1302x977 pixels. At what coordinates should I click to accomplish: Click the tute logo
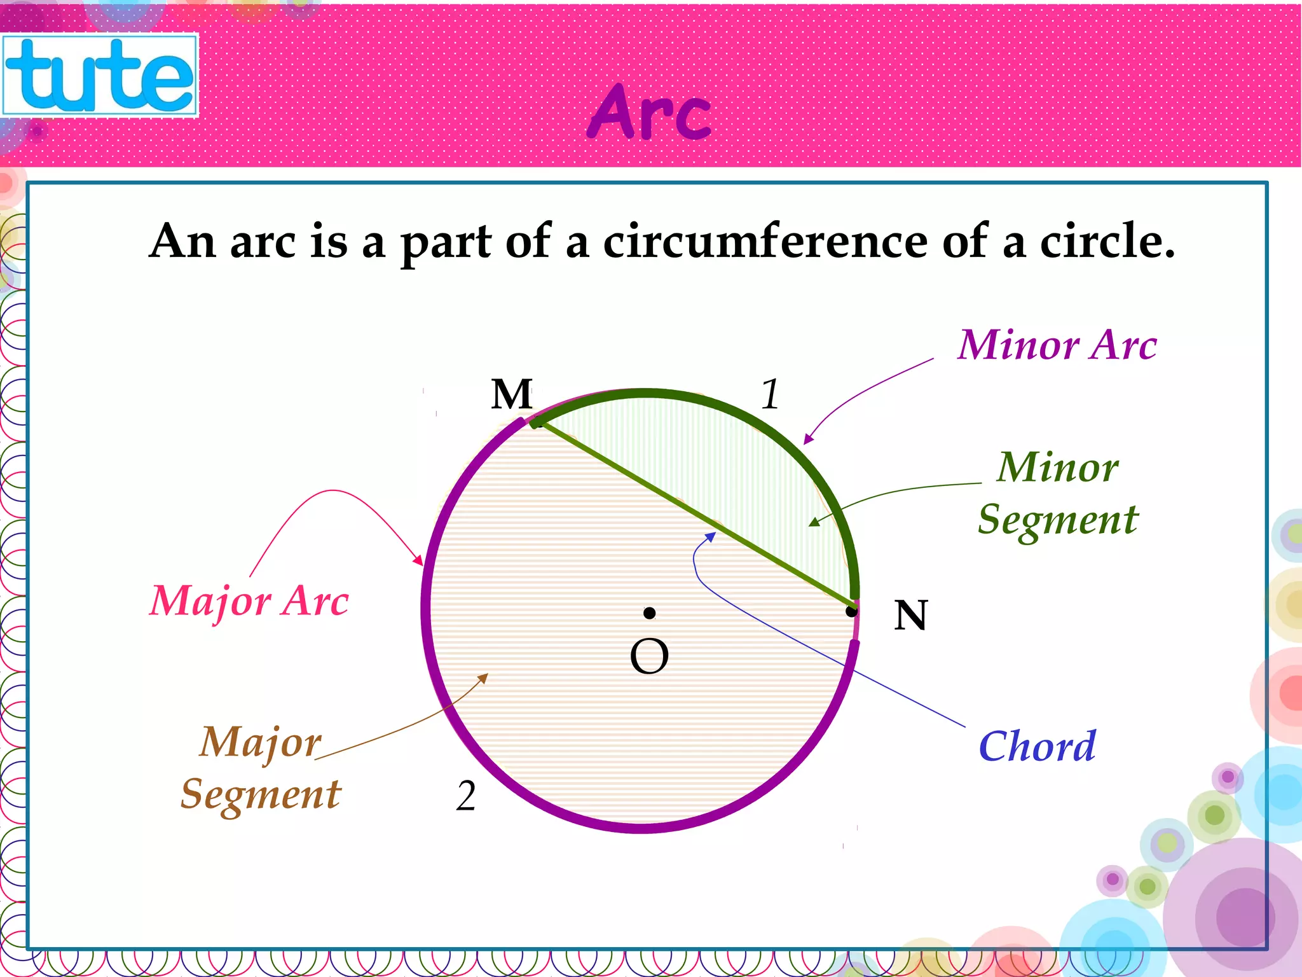click(100, 75)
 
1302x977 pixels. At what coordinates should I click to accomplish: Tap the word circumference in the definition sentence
click(765, 242)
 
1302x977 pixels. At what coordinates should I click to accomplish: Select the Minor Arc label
click(1057, 345)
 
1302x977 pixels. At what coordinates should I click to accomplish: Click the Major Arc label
click(249, 600)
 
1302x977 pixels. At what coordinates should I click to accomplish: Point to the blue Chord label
click(1037, 746)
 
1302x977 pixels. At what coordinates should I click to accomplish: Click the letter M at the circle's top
click(511, 394)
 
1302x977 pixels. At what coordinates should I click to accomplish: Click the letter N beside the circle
click(910, 616)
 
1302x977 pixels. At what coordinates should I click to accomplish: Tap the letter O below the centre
click(649, 656)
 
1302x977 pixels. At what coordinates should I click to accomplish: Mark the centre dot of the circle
click(649, 613)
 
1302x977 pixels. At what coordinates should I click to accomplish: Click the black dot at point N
click(851, 612)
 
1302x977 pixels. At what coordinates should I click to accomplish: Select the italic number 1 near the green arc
click(770, 394)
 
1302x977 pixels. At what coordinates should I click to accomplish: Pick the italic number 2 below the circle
click(465, 796)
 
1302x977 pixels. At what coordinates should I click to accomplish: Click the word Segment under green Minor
click(1058, 520)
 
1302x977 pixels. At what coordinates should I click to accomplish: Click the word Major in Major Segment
click(261, 742)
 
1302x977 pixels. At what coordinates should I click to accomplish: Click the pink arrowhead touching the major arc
click(418, 560)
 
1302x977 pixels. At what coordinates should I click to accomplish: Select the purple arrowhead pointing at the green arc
click(808, 439)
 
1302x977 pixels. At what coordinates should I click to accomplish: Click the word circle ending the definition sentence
click(1106, 242)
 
